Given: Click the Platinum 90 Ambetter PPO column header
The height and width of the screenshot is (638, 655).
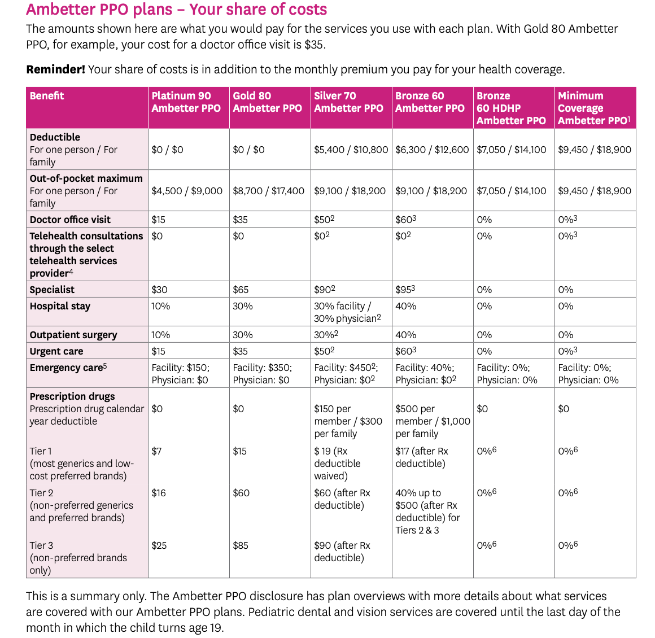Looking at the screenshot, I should [x=186, y=102].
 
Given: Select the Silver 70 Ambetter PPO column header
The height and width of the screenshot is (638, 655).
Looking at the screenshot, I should [x=348, y=102].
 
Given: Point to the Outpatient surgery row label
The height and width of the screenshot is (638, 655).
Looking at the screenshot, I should [x=73, y=335].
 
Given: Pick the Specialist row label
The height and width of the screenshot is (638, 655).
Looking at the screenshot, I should [x=52, y=290].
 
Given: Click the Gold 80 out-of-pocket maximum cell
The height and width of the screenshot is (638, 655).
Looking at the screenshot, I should [x=268, y=191].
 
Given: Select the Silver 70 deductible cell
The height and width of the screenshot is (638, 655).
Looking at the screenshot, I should [x=351, y=150].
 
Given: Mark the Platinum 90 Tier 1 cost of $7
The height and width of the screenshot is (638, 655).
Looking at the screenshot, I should [x=156, y=451].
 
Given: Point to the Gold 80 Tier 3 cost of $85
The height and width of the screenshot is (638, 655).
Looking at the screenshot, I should [x=241, y=545].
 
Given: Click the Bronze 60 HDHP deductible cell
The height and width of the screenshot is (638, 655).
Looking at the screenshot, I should [x=511, y=150].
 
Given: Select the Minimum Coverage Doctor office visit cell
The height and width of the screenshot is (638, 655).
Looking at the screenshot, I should [x=567, y=220].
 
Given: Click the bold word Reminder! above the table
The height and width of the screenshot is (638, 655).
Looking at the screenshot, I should [x=55, y=69].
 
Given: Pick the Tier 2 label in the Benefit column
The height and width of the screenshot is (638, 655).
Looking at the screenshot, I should [x=41, y=493].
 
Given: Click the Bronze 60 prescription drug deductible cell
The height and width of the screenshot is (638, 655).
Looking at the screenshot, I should [x=433, y=421].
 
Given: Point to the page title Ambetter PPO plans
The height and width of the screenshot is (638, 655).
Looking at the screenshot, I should [x=176, y=10].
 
